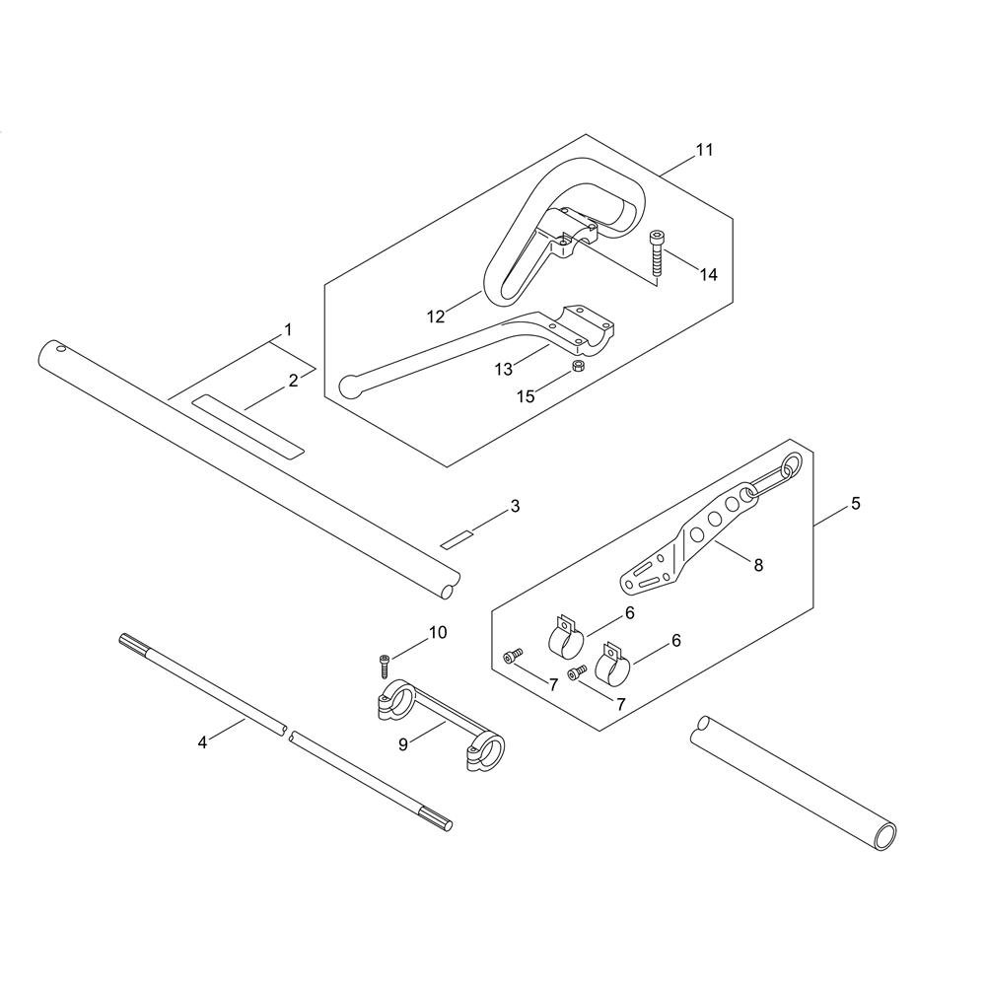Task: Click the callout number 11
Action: tap(704, 150)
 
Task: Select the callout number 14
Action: tap(709, 275)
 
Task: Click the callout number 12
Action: tap(436, 317)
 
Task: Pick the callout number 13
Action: tap(504, 369)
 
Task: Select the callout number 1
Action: tap(288, 329)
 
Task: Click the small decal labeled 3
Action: tap(458, 539)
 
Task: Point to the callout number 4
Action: tap(202, 742)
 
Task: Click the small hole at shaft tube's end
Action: tap(60, 348)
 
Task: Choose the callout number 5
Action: tap(855, 504)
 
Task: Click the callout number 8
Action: tap(758, 565)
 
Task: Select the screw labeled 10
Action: tap(384, 667)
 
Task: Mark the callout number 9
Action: tap(403, 744)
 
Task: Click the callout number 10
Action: tap(438, 633)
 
